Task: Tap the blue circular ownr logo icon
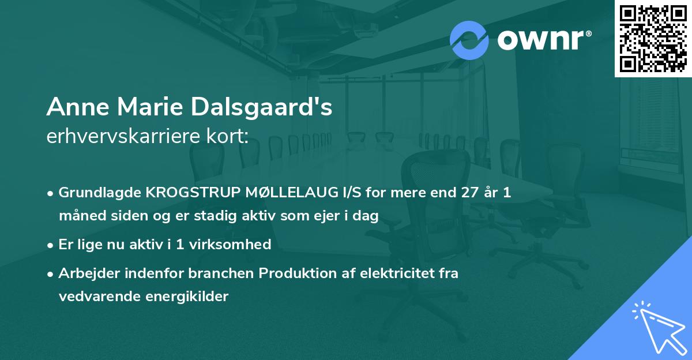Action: (469, 40)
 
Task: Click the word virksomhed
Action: (234, 244)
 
